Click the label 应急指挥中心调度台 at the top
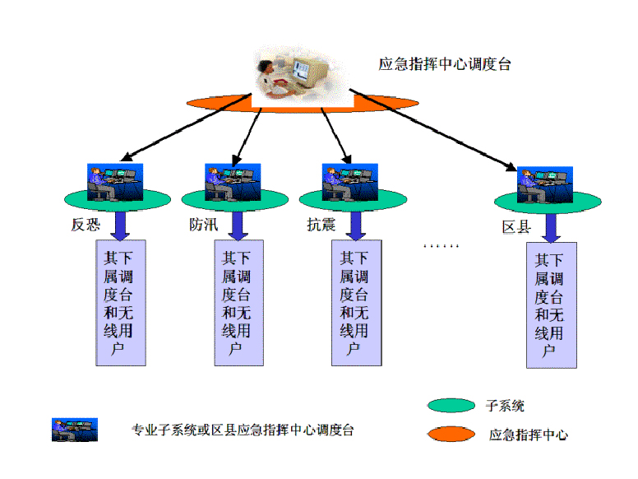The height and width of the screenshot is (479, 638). tap(444, 64)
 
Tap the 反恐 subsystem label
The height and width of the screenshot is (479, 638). tap(85, 224)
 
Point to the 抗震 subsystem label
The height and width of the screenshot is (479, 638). tap(321, 224)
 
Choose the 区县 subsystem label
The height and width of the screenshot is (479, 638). tap(516, 226)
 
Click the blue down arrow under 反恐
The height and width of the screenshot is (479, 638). tap(121, 225)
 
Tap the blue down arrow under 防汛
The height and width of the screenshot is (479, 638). tap(238, 225)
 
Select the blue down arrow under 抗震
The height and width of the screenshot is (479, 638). tap(356, 225)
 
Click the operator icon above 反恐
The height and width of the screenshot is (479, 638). tap(115, 182)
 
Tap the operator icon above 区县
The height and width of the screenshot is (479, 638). tap(544, 186)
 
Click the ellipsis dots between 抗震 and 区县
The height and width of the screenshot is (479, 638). tap(441, 245)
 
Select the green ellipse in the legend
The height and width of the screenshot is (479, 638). tap(451, 406)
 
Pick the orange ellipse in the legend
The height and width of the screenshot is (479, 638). tap(451, 434)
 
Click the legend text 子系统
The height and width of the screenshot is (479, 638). tap(505, 406)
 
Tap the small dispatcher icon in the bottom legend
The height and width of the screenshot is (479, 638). tap(74, 430)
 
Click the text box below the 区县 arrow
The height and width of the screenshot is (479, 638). tap(551, 305)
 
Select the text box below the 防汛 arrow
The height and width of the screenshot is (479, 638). tap(238, 303)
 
